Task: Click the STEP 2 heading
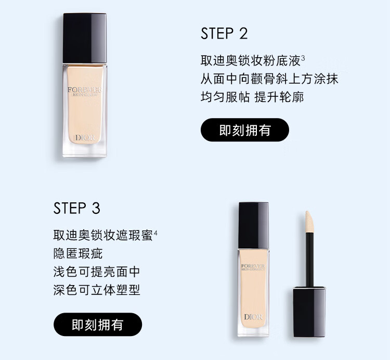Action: [224, 34]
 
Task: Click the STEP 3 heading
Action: [76, 208]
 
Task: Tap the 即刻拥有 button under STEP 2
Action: [245, 130]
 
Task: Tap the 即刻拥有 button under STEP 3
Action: [98, 325]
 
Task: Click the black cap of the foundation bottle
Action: [85, 38]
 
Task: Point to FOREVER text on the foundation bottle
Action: [84, 89]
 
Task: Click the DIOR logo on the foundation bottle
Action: [85, 137]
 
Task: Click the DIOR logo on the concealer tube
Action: [253, 317]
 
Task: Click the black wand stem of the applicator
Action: [309, 260]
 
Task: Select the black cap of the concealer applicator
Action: [309, 312]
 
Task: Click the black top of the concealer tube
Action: [254, 225]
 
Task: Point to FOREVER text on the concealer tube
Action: [253, 266]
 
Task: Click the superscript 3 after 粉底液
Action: [303, 58]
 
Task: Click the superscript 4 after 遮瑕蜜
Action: [155, 233]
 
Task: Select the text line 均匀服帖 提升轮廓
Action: [252, 97]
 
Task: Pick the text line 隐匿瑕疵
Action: [78, 253]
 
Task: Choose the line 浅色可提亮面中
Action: [97, 272]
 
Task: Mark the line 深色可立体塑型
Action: [97, 290]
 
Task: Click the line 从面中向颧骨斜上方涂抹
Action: [269, 79]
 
